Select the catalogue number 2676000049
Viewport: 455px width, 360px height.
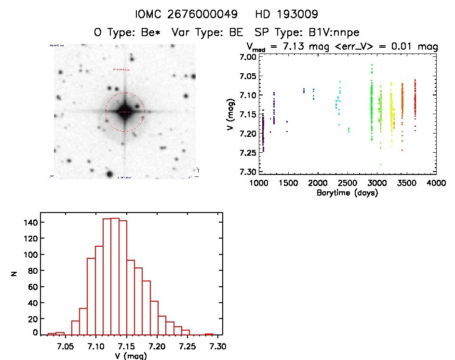209,13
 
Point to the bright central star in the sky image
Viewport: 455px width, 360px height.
125,111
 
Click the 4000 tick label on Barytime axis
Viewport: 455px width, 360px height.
436,184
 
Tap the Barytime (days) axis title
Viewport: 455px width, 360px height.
347,193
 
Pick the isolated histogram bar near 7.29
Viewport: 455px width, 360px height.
209,334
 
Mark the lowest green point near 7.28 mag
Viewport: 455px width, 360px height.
381,165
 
